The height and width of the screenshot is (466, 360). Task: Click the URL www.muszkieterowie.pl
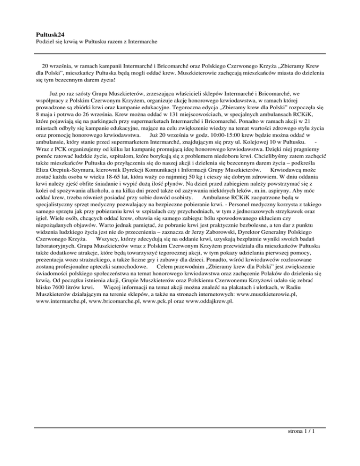[x=266, y=295]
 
